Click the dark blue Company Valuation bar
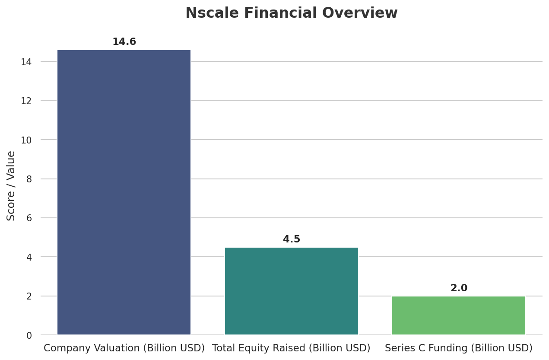[124, 192]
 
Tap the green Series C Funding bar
[459, 315]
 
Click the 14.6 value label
[124, 42]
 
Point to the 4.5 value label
[292, 239]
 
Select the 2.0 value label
[459, 288]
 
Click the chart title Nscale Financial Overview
[292, 13]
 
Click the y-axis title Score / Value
[11, 186]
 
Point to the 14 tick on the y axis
[26, 62]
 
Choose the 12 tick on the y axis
[26, 101]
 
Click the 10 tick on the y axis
[26, 140]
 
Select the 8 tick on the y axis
[29, 179]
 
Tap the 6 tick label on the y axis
[29, 218]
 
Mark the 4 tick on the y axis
[29, 257]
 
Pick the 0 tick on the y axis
[29, 335]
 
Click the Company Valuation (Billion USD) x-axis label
[124, 348]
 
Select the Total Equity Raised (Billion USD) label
[292, 348]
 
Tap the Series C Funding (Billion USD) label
[459, 348]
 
